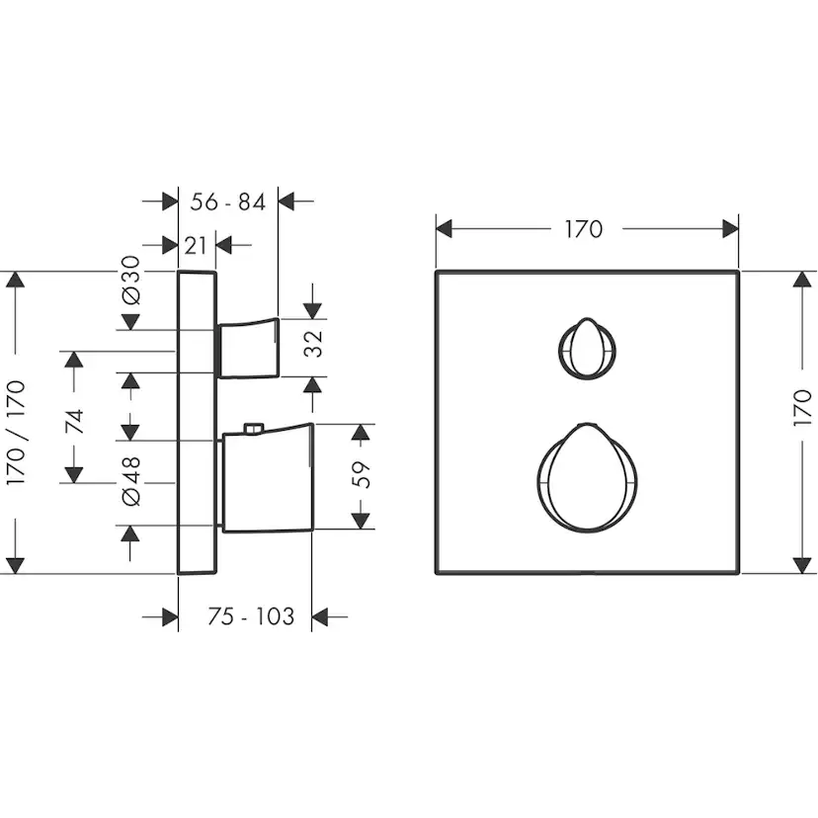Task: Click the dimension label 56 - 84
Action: pos(227,202)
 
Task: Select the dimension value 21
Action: pos(196,246)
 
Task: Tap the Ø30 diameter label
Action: pos(131,280)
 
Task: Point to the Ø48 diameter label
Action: pos(131,481)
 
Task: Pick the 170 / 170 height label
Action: pos(16,433)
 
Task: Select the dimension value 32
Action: pos(313,343)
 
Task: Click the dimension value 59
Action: pos(361,475)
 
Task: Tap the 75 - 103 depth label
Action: pos(251,616)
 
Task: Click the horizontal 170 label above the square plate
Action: pos(584,229)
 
